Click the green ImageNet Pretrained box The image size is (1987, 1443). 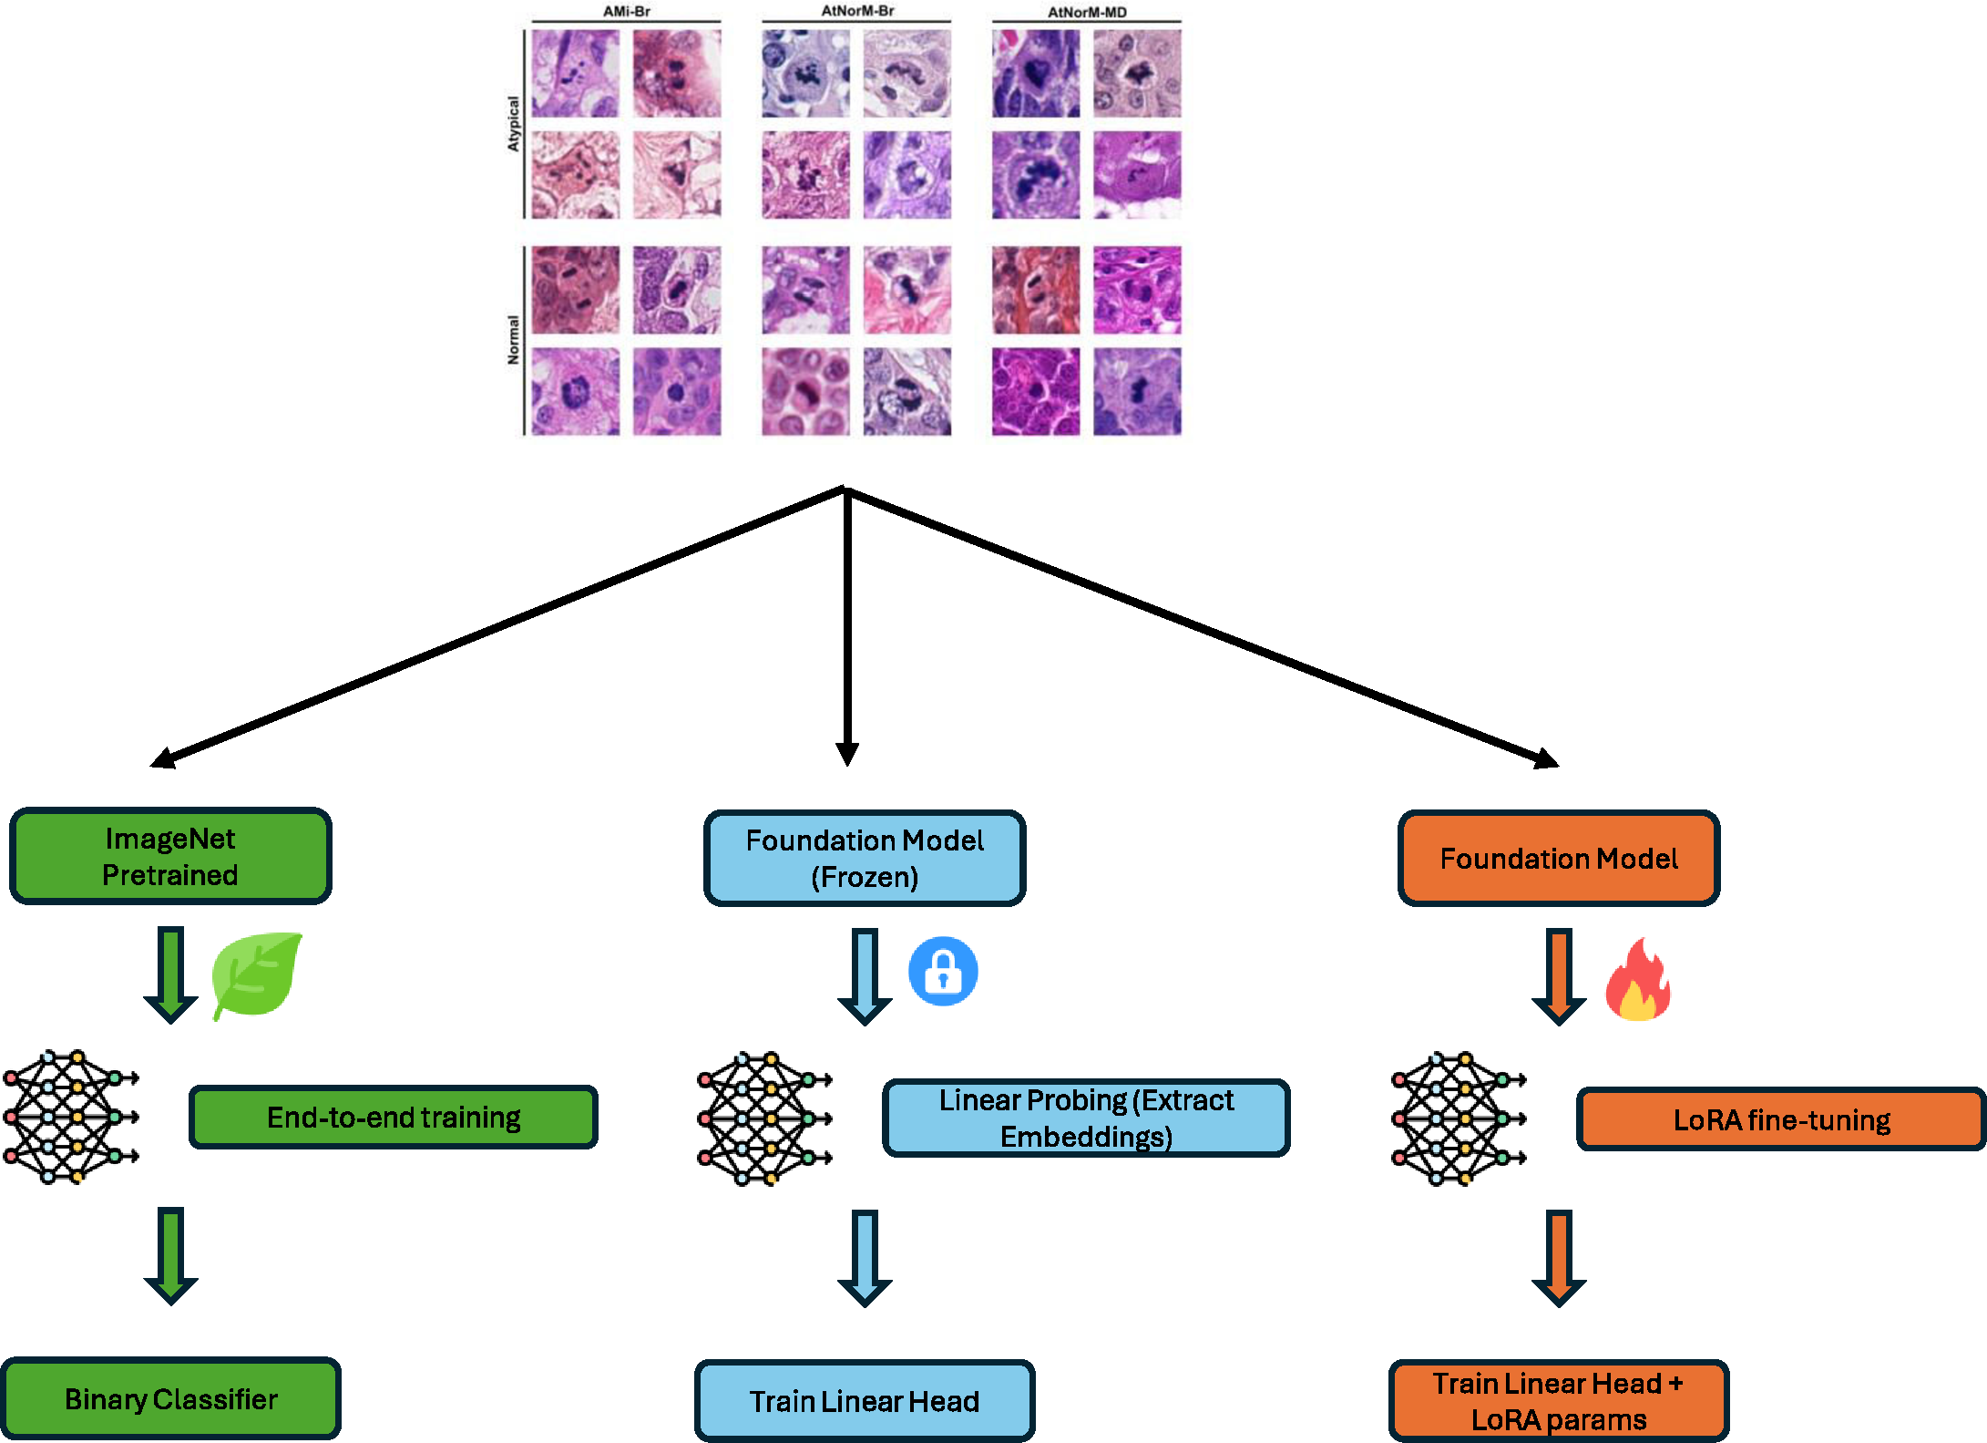coord(170,856)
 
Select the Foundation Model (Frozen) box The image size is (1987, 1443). coord(865,858)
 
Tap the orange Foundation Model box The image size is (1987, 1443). coord(1559,858)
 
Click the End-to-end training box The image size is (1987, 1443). coord(394,1117)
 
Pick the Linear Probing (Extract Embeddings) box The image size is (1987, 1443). coord(1086,1118)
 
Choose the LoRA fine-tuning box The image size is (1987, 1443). coord(1781,1119)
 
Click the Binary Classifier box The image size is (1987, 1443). coord(170,1398)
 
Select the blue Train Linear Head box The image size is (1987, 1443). coord(865,1401)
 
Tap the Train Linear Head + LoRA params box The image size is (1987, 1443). coord(1559,1401)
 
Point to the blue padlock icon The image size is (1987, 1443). coord(943,972)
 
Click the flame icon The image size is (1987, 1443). coord(1637,979)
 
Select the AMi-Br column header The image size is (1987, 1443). coord(627,12)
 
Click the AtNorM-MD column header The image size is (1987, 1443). coord(1087,12)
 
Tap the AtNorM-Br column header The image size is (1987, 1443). coord(857,11)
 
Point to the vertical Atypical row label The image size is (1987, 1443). coord(513,124)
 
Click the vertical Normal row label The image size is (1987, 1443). coord(513,340)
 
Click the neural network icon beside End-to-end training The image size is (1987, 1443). coord(71,1117)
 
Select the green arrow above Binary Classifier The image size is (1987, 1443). coord(170,1256)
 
